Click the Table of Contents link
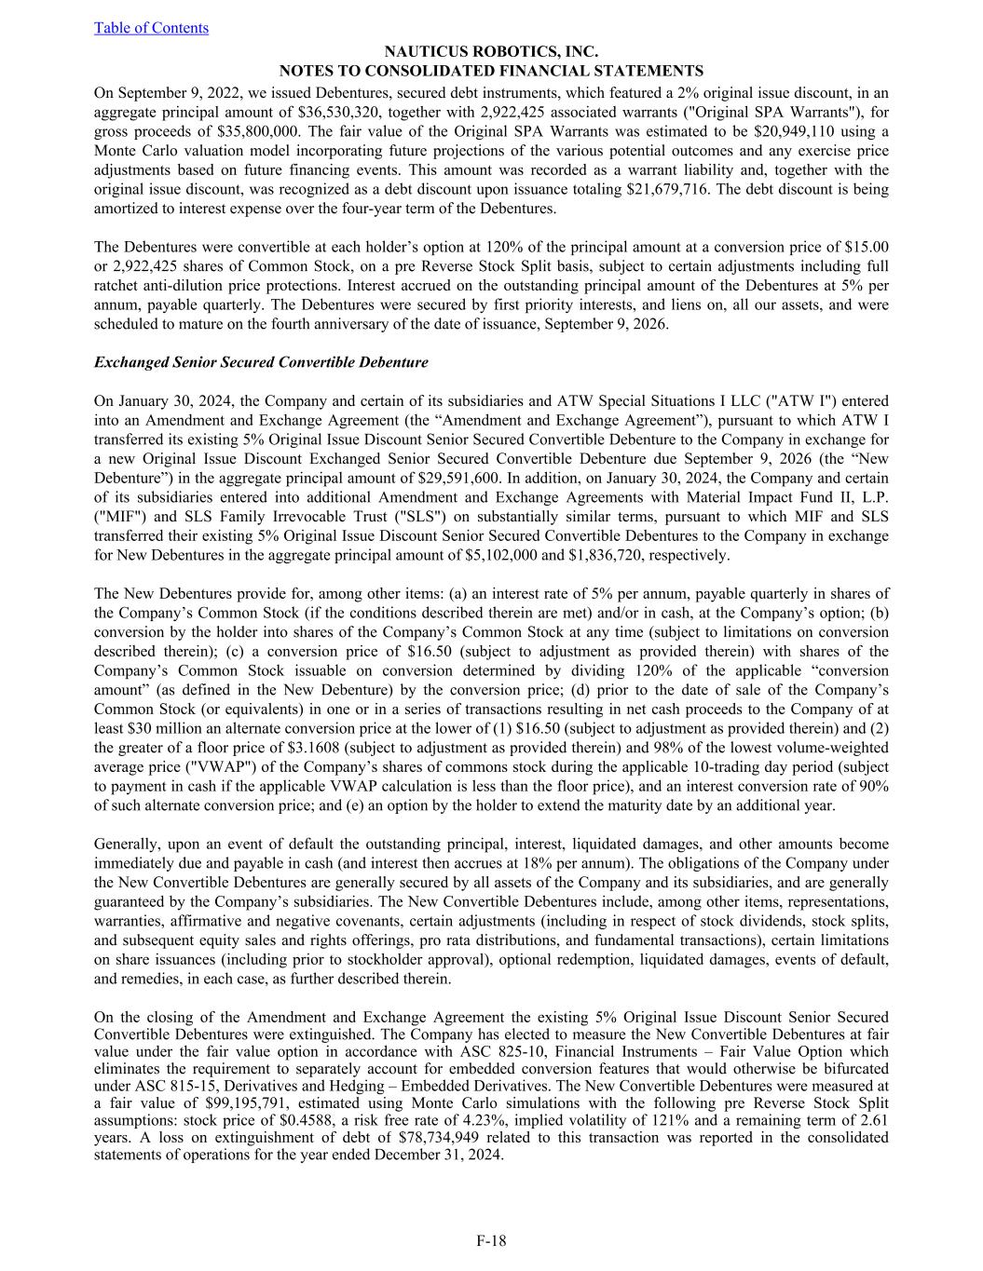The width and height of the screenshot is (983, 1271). [x=151, y=28]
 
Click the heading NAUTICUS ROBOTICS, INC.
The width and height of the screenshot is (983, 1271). [x=491, y=53]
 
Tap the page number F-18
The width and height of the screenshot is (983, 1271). [x=491, y=1240]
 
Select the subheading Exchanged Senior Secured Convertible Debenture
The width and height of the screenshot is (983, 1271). [x=261, y=362]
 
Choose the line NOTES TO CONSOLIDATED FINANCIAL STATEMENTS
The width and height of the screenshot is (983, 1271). [x=491, y=72]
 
